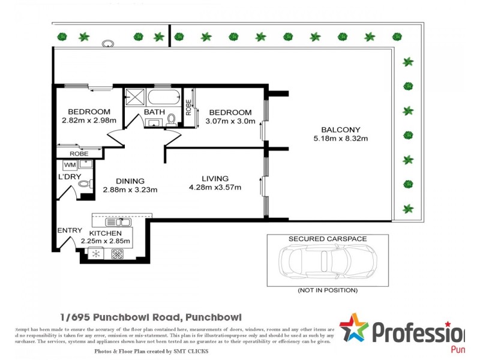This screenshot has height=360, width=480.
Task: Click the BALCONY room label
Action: point(340,130)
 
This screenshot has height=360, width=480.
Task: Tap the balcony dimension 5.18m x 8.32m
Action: point(340,139)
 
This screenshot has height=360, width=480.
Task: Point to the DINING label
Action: point(130,181)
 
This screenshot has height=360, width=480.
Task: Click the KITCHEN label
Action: point(106,233)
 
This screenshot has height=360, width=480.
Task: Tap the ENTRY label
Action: point(70,230)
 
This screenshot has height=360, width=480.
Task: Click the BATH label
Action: point(154,112)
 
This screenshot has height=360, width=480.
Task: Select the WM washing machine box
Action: point(70,164)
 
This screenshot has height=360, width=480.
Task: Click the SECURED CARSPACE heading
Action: point(328,239)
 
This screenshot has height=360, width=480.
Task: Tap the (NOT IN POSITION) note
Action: point(328,290)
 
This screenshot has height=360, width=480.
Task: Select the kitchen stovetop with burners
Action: point(116,254)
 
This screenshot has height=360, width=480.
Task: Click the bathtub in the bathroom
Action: point(163,97)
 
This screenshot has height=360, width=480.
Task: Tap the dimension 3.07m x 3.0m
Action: point(230,121)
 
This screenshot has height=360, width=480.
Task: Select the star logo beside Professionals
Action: point(354,328)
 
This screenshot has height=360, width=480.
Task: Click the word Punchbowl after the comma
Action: point(214,317)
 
